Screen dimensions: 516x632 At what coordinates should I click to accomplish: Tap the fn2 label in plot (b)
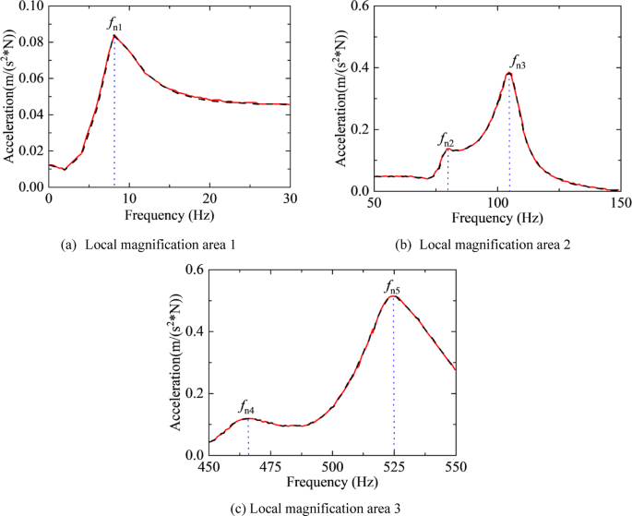[446, 140]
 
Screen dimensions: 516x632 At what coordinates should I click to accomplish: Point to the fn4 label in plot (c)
[247, 406]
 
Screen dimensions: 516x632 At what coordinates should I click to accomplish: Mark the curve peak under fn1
[114, 36]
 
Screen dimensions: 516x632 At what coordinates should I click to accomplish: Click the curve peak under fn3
[509, 74]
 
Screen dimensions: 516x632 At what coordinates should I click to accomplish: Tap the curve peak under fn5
[393, 296]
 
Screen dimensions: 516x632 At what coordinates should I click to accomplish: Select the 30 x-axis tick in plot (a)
[289, 198]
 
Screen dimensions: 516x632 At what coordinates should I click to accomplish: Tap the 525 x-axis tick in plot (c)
[394, 467]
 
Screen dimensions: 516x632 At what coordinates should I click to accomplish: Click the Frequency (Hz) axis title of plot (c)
[332, 482]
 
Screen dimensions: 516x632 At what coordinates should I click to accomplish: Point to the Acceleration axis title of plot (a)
[9, 95]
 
